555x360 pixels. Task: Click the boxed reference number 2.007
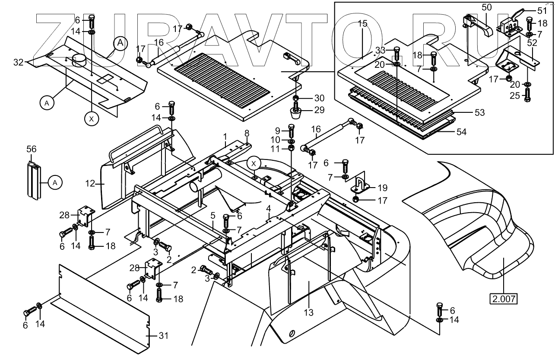click(x=504, y=299)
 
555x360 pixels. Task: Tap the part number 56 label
click(x=32, y=149)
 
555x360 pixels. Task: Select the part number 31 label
click(x=164, y=336)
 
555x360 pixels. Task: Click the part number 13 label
click(x=309, y=312)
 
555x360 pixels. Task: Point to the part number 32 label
click(x=18, y=62)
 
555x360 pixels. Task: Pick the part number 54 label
click(x=462, y=132)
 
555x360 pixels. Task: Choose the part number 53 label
click(x=480, y=112)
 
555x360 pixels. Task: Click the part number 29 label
click(x=319, y=110)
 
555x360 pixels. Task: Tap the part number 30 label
click(x=319, y=98)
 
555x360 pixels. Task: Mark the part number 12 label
click(x=90, y=184)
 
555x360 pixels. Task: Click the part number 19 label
click(x=383, y=188)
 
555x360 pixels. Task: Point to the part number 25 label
click(x=515, y=96)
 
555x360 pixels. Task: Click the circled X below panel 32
click(x=92, y=119)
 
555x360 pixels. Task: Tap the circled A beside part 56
click(x=55, y=183)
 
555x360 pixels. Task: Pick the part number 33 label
click(x=381, y=50)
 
